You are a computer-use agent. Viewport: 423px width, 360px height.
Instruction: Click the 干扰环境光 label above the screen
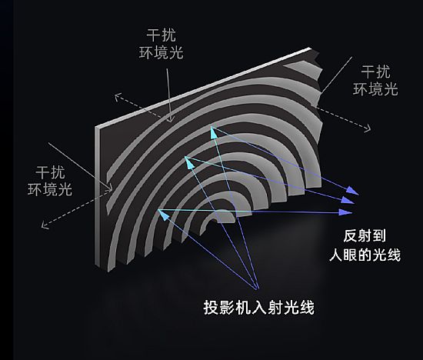[161, 44]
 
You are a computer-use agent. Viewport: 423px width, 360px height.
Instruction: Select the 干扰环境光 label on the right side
[375, 81]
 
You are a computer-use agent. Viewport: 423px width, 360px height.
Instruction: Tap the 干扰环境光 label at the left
[50, 181]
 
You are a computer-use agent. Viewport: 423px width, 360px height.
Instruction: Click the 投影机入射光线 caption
[259, 308]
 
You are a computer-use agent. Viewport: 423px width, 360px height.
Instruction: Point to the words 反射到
[365, 236]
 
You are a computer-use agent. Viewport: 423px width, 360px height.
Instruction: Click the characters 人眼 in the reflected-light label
[343, 255]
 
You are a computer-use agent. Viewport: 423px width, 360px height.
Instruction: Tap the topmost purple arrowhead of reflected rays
[353, 191]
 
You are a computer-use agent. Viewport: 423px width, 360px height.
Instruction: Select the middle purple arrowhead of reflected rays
[348, 200]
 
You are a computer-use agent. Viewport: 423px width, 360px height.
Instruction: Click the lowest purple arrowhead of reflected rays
[346, 212]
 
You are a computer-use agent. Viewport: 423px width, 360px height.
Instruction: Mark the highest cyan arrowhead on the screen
[214, 132]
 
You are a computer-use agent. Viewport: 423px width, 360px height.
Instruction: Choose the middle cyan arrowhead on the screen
[189, 162]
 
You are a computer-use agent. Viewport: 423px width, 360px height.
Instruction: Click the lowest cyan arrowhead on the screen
[163, 214]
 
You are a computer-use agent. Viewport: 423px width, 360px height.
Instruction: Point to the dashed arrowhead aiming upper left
[118, 97]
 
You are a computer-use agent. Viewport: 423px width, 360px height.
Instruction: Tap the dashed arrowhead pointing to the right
[368, 128]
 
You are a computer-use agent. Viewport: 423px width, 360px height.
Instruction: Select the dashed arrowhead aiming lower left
[45, 225]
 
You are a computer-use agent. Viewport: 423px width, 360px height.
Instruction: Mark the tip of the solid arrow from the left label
[112, 190]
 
